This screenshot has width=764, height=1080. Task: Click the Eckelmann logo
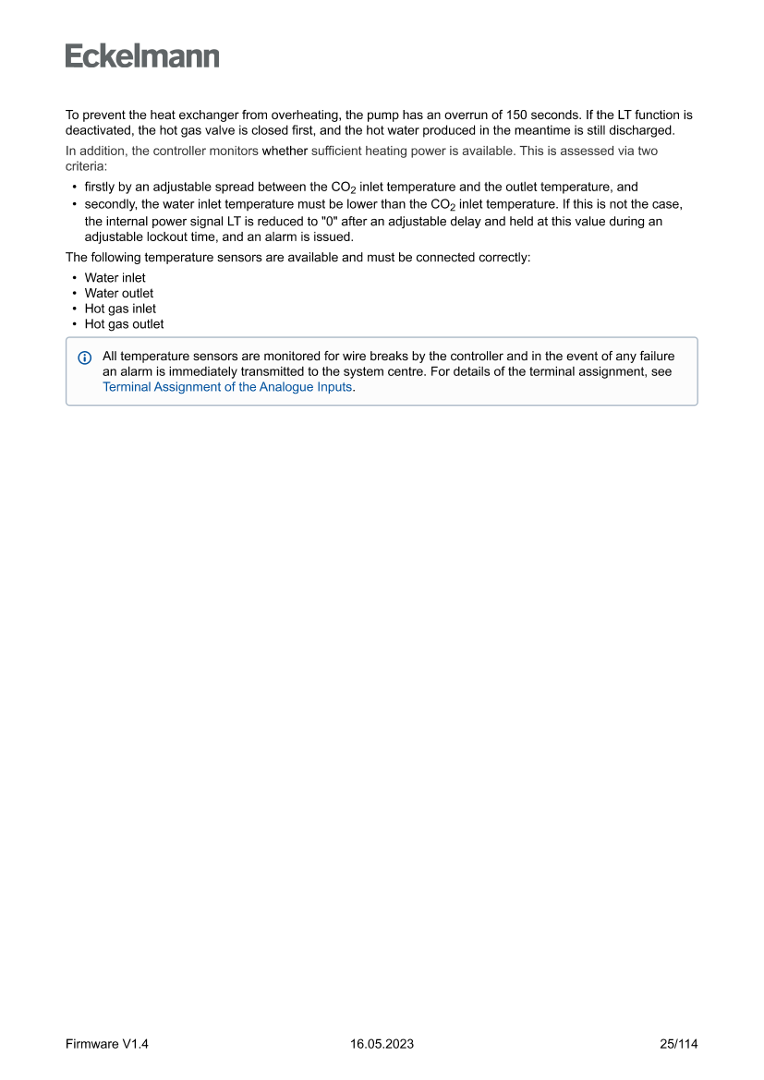(x=142, y=55)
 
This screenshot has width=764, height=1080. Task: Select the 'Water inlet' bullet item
(x=115, y=277)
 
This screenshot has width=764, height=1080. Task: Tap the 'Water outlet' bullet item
(x=118, y=293)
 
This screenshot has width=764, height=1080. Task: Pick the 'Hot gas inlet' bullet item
(x=120, y=309)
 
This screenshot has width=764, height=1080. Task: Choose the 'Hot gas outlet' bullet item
(x=124, y=324)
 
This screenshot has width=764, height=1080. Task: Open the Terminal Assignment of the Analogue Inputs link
(x=227, y=387)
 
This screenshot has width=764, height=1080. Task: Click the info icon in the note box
(x=85, y=358)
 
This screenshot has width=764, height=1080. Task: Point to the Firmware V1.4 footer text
(x=107, y=1044)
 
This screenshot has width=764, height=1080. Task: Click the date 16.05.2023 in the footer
(x=382, y=1044)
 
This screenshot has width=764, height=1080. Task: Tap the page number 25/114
(x=679, y=1044)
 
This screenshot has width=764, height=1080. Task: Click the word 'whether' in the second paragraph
(x=285, y=151)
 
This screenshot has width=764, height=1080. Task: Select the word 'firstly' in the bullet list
(x=101, y=187)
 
